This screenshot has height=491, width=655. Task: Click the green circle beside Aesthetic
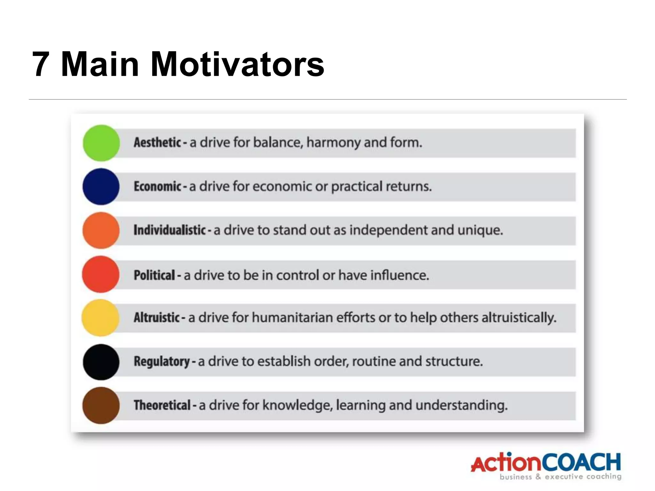[101, 143]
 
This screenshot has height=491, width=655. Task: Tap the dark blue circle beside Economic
[101, 187]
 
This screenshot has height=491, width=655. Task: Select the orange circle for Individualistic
[101, 230]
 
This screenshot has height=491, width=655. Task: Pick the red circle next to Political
[101, 274]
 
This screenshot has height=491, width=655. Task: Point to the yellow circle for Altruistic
[101, 318]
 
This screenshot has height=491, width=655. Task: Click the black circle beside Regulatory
[101, 362]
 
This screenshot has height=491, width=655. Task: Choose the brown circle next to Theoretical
[101, 405]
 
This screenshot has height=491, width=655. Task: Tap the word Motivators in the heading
[237, 65]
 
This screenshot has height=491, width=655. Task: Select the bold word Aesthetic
[157, 143]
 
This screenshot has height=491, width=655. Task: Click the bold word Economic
[157, 186]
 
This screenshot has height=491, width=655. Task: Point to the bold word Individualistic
[170, 230]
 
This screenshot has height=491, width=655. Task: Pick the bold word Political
[154, 275]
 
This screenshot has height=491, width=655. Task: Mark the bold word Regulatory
[162, 362]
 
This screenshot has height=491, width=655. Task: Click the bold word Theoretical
[162, 405]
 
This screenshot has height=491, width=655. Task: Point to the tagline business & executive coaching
[560, 477]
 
